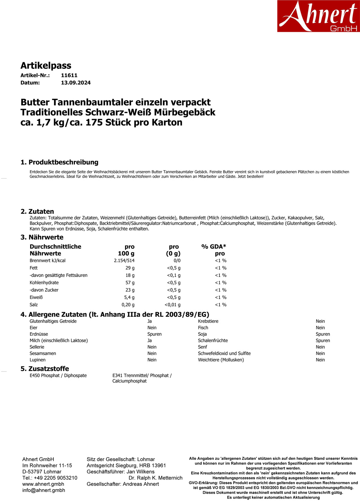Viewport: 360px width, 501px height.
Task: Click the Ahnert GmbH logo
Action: [x=318, y=16]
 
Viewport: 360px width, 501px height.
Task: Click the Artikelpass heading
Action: [x=46, y=65]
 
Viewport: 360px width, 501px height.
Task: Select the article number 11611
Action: [x=69, y=75]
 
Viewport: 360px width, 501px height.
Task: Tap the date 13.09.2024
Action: [x=76, y=83]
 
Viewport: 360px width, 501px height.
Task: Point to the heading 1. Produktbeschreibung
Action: [x=59, y=162]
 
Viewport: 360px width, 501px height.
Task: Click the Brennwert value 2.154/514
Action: [x=124, y=261]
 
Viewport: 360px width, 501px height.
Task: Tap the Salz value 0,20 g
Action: [x=128, y=305]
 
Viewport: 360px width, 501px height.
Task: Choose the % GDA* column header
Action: [x=214, y=247]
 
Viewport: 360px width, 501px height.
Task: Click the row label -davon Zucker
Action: [x=44, y=290]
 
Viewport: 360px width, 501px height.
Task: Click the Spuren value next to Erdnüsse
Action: [x=154, y=334]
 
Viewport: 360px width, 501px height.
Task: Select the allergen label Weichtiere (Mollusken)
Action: [x=221, y=360]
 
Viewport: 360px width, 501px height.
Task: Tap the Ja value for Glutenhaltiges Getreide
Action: [x=149, y=321]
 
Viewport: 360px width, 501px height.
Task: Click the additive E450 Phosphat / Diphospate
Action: [x=58, y=375]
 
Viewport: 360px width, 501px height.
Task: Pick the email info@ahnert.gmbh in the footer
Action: [x=44, y=490]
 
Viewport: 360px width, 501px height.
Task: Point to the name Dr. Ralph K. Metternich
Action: [x=155, y=478]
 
